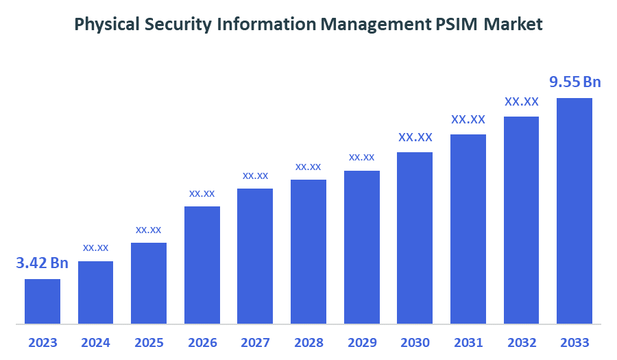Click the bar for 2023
tap(43, 301)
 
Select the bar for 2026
tap(202, 265)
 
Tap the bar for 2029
tap(362, 247)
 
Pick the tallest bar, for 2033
tap(574, 211)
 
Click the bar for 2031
tap(468, 228)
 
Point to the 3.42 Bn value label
tap(43, 263)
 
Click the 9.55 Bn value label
tap(575, 82)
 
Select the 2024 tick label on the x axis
tap(95, 343)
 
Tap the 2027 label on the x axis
tap(255, 343)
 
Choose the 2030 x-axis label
tap(415, 343)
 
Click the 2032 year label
tap(521, 343)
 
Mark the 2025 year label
tap(149, 343)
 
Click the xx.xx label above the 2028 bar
tap(308, 167)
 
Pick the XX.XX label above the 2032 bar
tap(522, 101)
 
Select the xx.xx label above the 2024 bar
tap(96, 248)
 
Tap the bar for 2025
tap(149, 283)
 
